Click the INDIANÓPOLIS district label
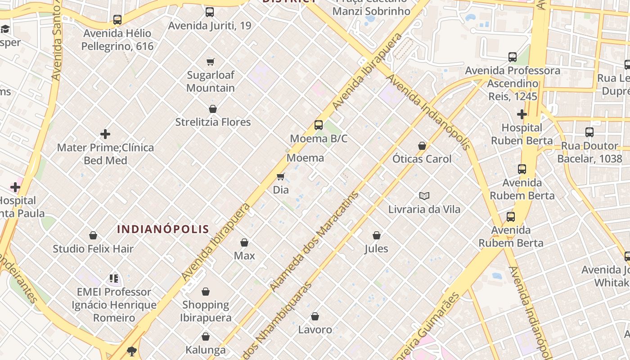click(163, 229)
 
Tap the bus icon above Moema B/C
click(319, 125)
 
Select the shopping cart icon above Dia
click(281, 176)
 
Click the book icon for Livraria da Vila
click(424, 196)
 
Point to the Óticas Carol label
click(422, 159)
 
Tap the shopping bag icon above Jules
click(377, 235)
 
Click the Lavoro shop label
click(315, 329)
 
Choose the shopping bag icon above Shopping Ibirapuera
click(206, 292)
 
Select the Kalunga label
click(206, 350)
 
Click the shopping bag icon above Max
click(244, 243)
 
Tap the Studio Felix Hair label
click(93, 248)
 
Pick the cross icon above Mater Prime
click(105, 134)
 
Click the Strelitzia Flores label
click(213, 122)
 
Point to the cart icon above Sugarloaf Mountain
click(210, 62)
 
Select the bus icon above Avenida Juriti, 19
click(210, 12)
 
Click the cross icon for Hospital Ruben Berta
click(522, 114)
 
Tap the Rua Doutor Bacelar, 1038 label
click(589, 152)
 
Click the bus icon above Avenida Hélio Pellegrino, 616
click(117, 20)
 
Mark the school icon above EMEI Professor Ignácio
click(114, 279)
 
